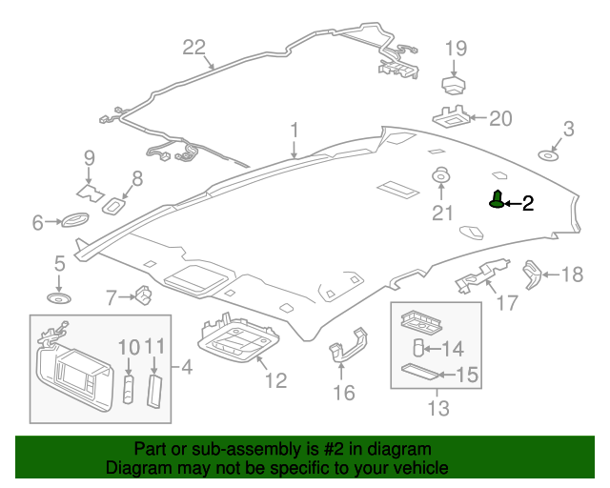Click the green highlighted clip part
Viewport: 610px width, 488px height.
[x=497, y=200]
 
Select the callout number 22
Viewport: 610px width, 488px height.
[x=193, y=48]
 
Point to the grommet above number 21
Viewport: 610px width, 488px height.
[x=441, y=176]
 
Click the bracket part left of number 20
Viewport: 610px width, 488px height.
[x=454, y=118]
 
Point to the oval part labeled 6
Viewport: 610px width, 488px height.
[x=73, y=222]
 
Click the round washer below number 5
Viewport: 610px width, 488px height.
[x=60, y=299]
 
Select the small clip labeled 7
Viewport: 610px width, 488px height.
[x=143, y=296]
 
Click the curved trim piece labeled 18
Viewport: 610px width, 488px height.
[x=532, y=274]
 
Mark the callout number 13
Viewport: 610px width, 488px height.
[x=437, y=410]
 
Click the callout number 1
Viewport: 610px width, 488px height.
[x=295, y=131]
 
